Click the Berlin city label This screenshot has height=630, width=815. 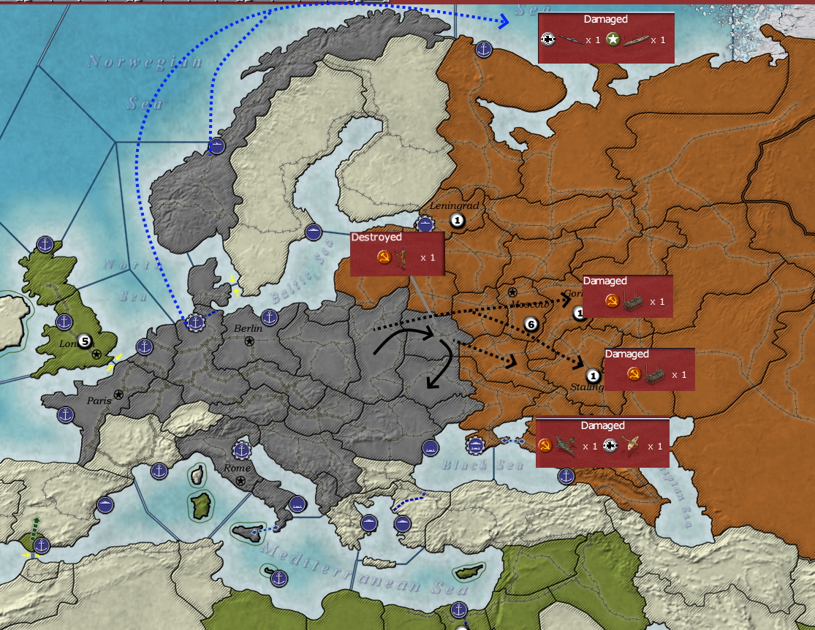[x=248, y=329]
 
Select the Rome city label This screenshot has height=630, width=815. [x=238, y=468]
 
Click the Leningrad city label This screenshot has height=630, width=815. [x=454, y=206]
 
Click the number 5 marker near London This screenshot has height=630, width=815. [x=85, y=341]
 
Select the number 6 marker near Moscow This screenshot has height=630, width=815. [x=531, y=325]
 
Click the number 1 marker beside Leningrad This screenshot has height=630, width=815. [x=457, y=220]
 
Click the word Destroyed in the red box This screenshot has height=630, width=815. [x=376, y=238]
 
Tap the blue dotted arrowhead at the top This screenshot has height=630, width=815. [x=502, y=21]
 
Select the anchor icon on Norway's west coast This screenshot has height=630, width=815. [x=216, y=146]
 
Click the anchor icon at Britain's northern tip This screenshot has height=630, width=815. [x=45, y=245]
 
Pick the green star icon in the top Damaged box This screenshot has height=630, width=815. [x=613, y=40]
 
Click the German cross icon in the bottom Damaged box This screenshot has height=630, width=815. [x=610, y=446]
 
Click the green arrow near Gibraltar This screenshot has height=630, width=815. [x=35, y=525]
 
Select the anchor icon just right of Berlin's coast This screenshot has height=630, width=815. [x=270, y=318]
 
